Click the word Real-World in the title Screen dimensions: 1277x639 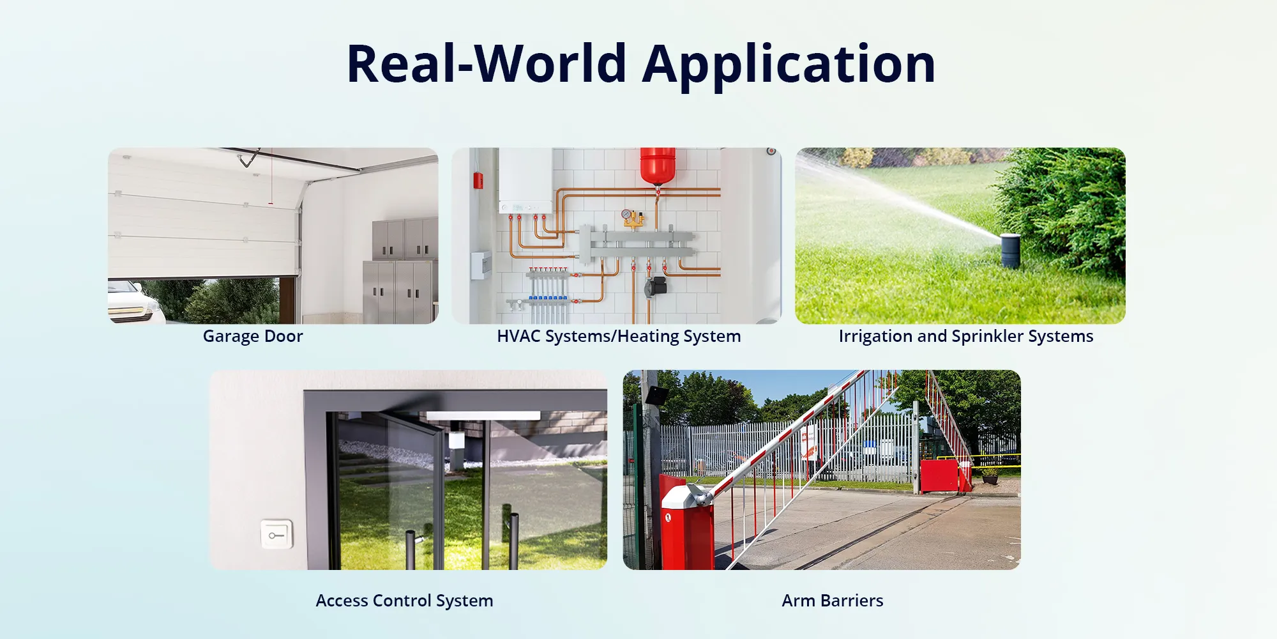click(487, 63)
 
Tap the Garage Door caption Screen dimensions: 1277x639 click(253, 336)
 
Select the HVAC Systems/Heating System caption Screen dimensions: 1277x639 click(619, 336)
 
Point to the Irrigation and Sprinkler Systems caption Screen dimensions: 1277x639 click(966, 336)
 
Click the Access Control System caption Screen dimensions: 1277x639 click(404, 601)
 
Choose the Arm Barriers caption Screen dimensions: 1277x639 click(833, 601)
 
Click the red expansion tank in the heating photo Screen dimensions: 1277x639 click(658, 166)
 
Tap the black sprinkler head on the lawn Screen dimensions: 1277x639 click(1010, 250)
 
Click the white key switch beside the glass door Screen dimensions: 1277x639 click(276, 534)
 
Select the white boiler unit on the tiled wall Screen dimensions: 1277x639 click(525, 181)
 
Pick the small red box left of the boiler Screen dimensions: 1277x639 click(478, 181)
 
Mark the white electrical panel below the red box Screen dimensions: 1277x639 click(481, 266)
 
